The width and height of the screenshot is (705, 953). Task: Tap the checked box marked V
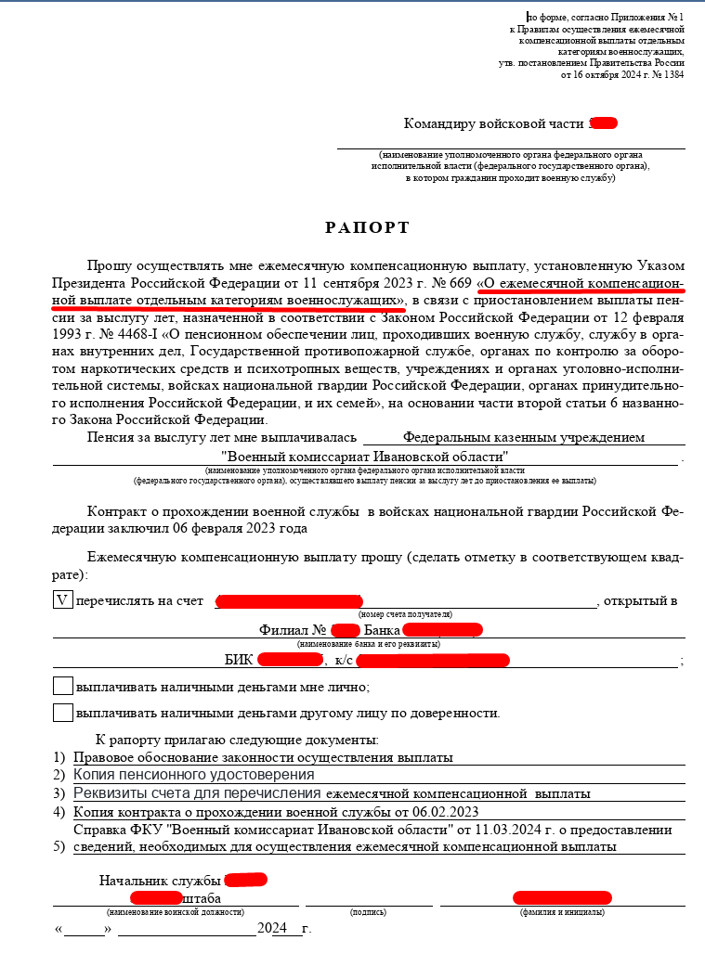click(62, 599)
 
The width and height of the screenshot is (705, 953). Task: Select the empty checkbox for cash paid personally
click(62, 687)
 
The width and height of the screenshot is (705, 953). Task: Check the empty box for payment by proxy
click(62, 713)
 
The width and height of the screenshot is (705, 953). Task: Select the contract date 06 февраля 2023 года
click(249, 528)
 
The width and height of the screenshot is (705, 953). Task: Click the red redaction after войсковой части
click(604, 123)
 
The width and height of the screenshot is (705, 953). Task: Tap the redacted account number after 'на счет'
click(289, 601)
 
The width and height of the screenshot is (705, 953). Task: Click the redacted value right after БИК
click(290, 660)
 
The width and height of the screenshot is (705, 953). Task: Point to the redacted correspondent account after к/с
click(433, 660)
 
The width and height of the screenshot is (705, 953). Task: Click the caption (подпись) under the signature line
click(368, 912)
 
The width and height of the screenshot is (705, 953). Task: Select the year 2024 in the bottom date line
click(272, 928)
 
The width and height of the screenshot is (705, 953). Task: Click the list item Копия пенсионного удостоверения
click(194, 774)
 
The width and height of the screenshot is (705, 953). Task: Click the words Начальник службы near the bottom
click(159, 880)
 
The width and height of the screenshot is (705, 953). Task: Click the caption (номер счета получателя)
click(405, 614)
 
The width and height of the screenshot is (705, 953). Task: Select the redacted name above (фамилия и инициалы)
click(563, 897)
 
